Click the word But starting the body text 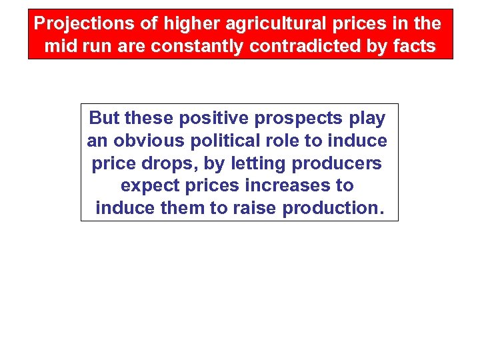click(x=105, y=119)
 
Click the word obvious click(x=149, y=141)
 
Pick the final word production click(x=331, y=209)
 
